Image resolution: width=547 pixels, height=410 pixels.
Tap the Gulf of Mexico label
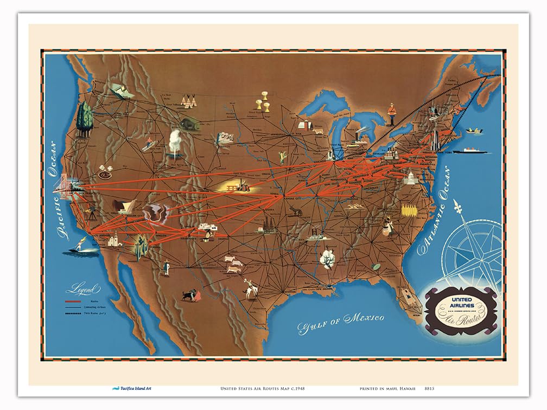[x=341, y=322]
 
